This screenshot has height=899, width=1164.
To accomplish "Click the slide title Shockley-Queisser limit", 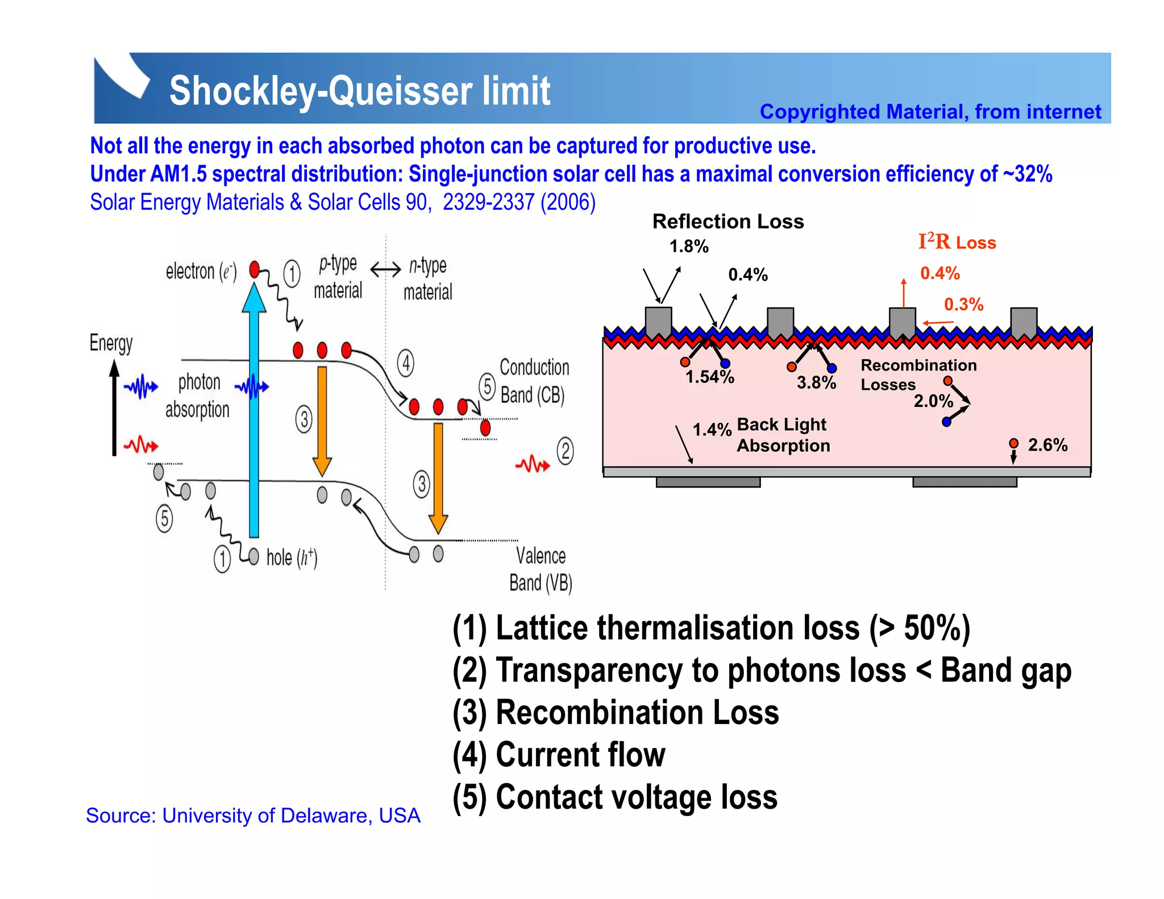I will [x=359, y=91].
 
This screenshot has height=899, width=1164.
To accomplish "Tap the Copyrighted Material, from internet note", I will [x=930, y=112].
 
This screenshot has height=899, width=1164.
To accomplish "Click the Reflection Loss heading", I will [x=727, y=221].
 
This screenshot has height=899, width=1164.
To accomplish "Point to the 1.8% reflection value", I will [x=688, y=247].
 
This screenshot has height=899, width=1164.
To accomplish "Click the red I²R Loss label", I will [x=957, y=242].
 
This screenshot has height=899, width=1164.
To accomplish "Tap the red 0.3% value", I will [x=963, y=305].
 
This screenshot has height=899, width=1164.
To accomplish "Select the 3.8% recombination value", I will [x=816, y=383].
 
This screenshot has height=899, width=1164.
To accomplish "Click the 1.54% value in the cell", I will [x=709, y=377].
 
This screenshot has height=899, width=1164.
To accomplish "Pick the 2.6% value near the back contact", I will [x=1047, y=445].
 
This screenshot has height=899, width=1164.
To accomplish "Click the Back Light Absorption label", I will [x=783, y=435].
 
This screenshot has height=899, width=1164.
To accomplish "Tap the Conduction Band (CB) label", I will [x=533, y=381].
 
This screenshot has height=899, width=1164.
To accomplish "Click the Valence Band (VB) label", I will [x=540, y=569].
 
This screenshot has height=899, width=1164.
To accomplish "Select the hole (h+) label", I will [x=292, y=557].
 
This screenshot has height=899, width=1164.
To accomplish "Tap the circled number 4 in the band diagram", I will [x=405, y=363].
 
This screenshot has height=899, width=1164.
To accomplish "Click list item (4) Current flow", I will [x=559, y=755].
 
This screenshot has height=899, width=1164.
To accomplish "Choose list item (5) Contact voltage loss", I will [x=615, y=797].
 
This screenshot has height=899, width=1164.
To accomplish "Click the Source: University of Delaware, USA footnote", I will [x=253, y=815].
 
